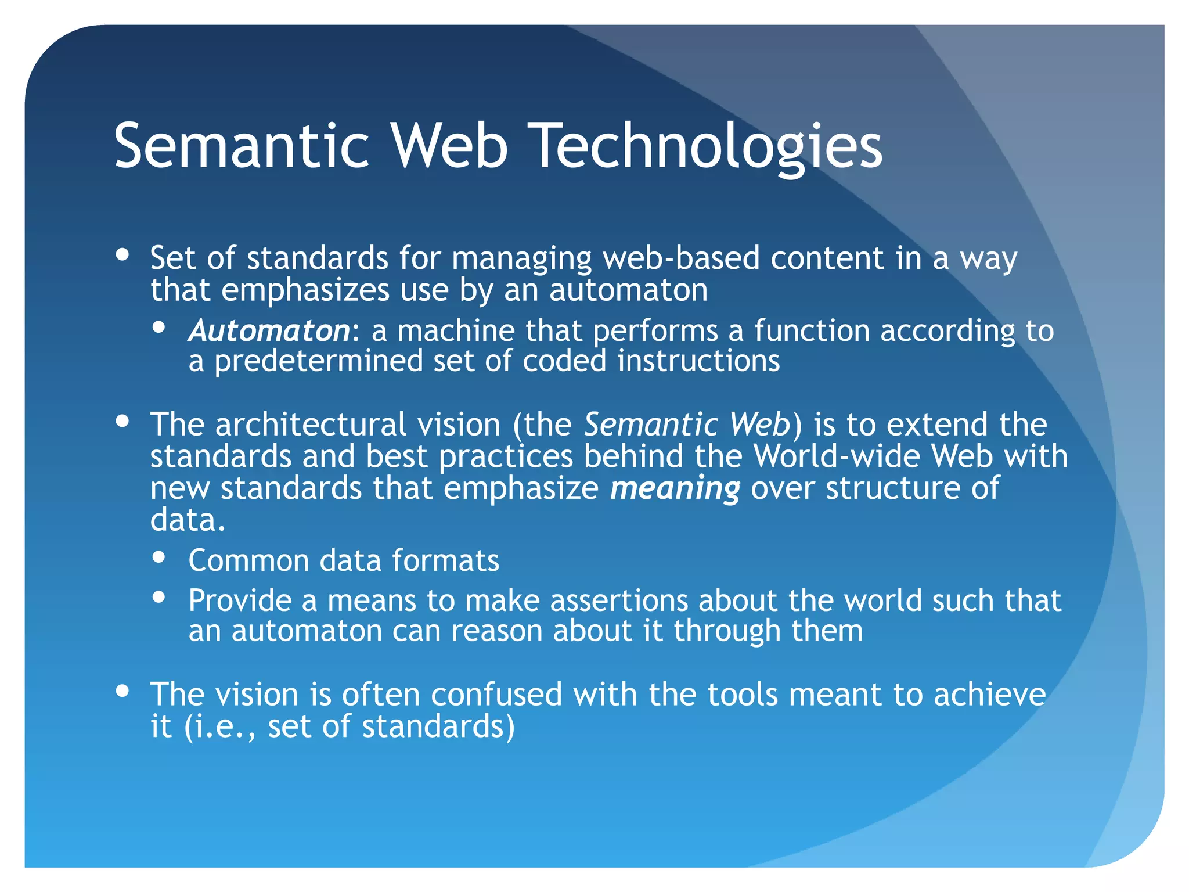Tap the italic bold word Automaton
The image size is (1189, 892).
(x=269, y=331)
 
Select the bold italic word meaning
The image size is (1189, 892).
(x=675, y=488)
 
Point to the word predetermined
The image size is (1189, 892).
(x=319, y=361)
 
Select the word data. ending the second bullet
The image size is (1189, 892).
(x=187, y=520)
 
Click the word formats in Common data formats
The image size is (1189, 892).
(x=445, y=560)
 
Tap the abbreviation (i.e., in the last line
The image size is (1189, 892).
(x=219, y=726)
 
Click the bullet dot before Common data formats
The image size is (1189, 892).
(x=159, y=557)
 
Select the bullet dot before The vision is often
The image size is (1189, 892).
(x=122, y=691)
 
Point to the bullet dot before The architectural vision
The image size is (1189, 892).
(x=122, y=421)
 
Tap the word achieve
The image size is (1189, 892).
(x=989, y=695)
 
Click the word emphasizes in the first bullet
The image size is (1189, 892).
(x=305, y=290)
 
